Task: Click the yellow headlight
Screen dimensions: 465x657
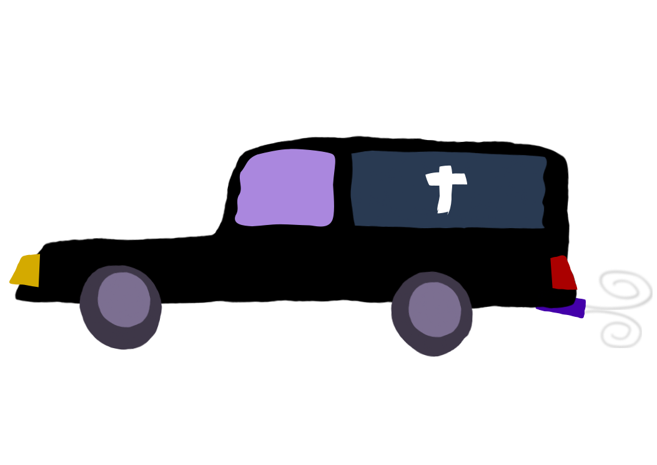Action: click(x=27, y=270)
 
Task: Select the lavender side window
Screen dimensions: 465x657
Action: click(x=287, y=187)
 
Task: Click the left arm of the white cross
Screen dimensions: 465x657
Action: click(x=432, y=179)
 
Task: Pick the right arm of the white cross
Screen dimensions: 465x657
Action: click(x=460, y=179)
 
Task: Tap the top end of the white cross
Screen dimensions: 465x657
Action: click(x=445, y=168)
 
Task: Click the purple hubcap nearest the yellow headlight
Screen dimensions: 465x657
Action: click(x=124, y=299)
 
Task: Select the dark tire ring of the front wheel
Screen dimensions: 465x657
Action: click(x=88, y=312)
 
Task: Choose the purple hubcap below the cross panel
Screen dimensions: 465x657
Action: click(x=435, y=309)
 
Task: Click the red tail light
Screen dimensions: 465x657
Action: click(x=562, y=274)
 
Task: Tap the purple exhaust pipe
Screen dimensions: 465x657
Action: click(x=565, y=309)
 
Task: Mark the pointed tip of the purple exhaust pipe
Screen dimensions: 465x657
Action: click(x=538, y=308)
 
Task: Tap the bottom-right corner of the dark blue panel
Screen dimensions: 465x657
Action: click(x=542, y=226)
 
